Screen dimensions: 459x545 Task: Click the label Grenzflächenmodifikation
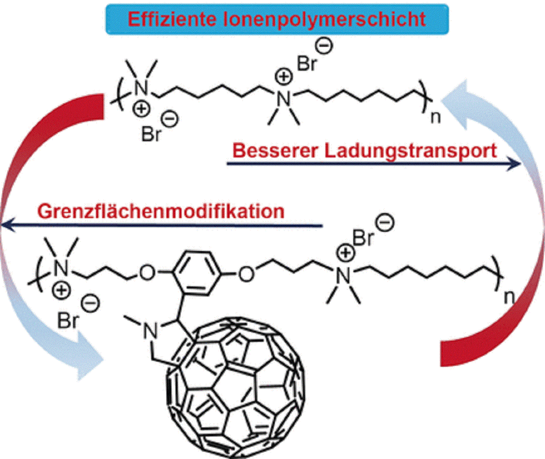click(160, 212)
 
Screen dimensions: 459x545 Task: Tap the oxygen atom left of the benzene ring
click(147, 274)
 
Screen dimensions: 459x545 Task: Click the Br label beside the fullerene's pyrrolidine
click(67, 321)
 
